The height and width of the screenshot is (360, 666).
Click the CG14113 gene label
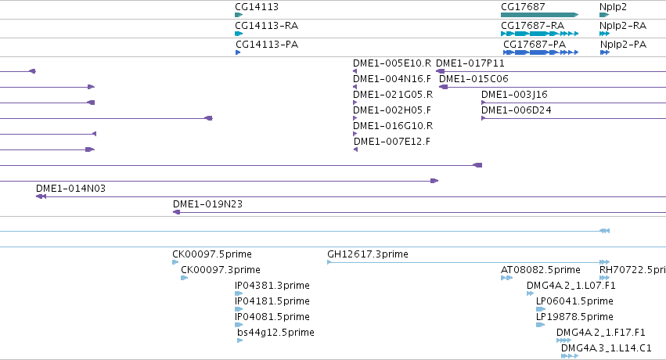[x=257, y=7]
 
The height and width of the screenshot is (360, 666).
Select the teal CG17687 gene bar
[x=539, y=15]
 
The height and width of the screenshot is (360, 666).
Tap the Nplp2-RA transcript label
[x=623, y=26]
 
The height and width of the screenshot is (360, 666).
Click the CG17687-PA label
[x=535, y=44]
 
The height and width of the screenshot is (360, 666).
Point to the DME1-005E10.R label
[x=392, y=63]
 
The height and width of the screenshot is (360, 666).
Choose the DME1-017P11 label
[x=470, y=63]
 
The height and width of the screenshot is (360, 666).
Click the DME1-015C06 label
[x=473, y=79]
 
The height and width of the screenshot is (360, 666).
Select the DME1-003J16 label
[x=514, y=95]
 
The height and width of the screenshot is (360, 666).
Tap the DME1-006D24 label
[x=516, y=110]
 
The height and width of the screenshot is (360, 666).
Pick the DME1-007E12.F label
[x=391, y=142]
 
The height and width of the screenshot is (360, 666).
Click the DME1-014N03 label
[x=70, y=189]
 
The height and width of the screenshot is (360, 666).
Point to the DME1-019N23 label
[x=207, y=204]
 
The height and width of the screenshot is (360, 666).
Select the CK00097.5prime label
[x=212, y=254]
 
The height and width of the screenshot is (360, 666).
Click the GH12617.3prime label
[x=368, y=254]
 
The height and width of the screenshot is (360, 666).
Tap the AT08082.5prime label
[x=541, y=270]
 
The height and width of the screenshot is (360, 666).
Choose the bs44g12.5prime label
[x=275, y=333]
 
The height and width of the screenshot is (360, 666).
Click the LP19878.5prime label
[x=574, y=317]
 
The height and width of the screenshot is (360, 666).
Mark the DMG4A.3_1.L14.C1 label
[x=606, y=348]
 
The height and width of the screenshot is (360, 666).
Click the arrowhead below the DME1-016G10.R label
[x=355, y=134]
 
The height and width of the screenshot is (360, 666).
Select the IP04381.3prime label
[x=272, y=286]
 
